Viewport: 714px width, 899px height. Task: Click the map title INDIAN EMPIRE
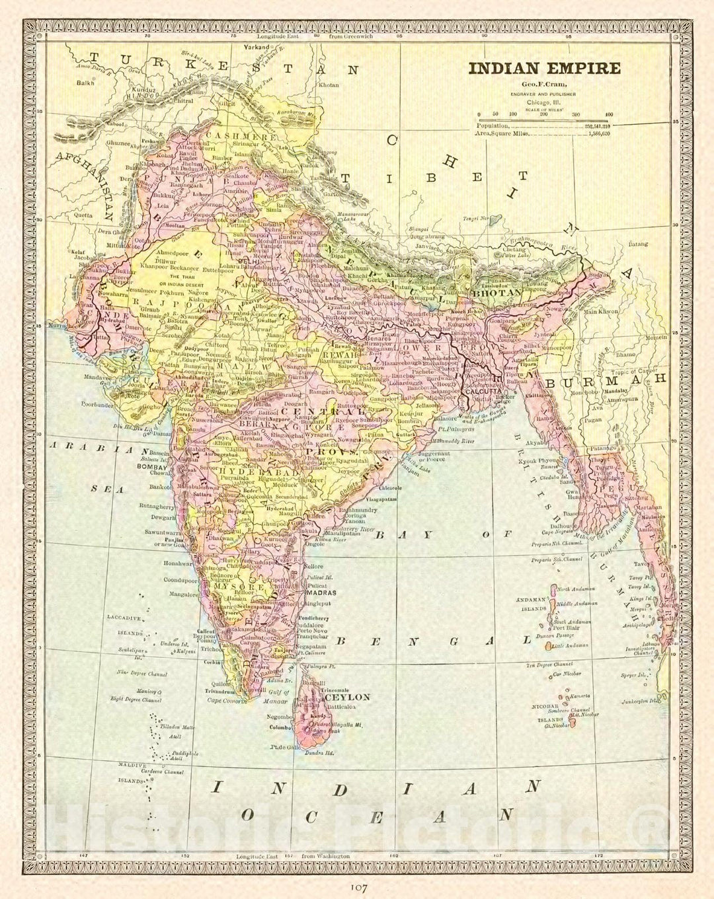coord(545,68)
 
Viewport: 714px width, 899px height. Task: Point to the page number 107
coord(358,887)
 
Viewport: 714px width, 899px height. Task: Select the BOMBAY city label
coord(151,466)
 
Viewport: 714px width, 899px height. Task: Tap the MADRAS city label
coord(321,593)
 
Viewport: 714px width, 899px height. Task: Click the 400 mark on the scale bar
coord(609,114)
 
